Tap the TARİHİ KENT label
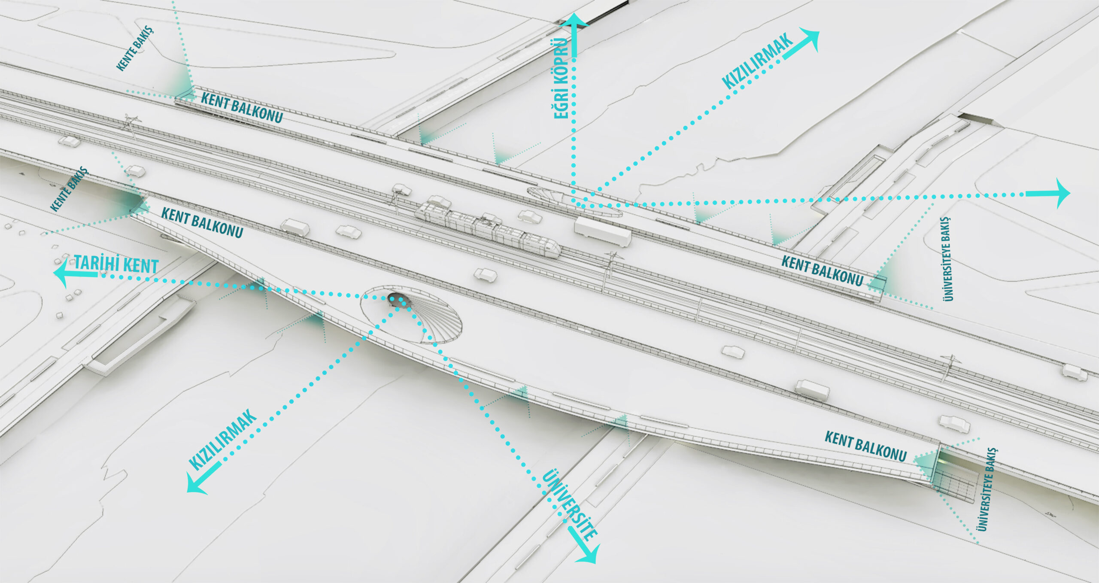point(116,264)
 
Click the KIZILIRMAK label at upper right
point(757,61)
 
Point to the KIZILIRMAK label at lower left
point(223,439)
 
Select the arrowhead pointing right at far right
point(1062,194)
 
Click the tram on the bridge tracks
point(487,228)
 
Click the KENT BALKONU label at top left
point(242,107)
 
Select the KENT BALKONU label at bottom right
point(865,446)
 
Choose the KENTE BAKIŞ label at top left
point(134,48)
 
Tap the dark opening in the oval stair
point(399,300)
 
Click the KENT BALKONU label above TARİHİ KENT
point(202,222)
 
